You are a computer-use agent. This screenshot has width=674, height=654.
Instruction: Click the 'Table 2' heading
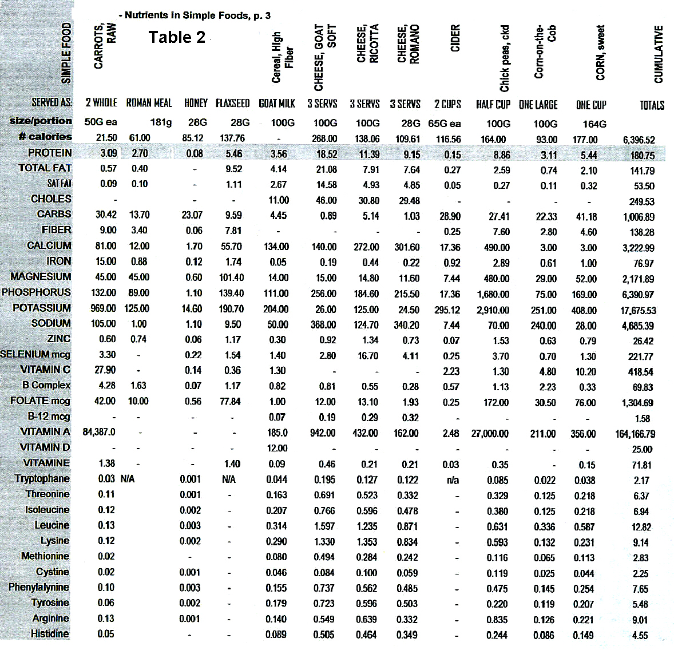point(177,37)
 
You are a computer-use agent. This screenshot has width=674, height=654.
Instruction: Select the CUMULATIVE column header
point(658,54)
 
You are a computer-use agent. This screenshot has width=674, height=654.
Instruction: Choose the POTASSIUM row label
point(42,308)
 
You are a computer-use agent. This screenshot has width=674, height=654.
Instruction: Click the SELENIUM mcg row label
point(35,354)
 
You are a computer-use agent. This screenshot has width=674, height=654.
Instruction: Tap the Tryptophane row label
point(42,478)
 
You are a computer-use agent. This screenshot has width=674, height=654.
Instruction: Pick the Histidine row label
point(50,633)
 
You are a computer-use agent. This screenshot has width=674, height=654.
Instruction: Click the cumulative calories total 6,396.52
point(639,140)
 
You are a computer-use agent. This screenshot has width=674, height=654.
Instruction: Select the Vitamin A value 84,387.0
point(99,432)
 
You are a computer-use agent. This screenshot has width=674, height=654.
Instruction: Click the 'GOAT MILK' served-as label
point(276,104)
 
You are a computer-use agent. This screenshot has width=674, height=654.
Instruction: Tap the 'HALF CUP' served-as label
point(493,105)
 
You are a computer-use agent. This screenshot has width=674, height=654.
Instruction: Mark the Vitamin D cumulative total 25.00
point(642,450)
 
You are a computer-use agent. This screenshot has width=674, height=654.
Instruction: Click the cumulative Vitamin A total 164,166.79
point(635,434)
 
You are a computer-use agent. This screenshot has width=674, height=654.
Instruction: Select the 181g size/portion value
point(161,122)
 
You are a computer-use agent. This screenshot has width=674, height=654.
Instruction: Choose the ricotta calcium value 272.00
point(366,247)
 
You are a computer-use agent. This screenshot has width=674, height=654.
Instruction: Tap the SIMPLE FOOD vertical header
point(66,53)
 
